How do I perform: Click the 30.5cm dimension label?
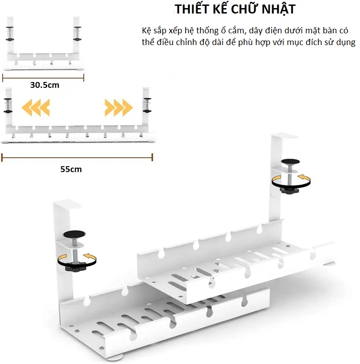click(45, 85)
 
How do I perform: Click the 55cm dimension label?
click(71, 169)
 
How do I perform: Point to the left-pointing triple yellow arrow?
click(36, 108)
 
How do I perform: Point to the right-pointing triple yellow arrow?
click(118, 108)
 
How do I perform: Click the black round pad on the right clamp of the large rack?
click(290, 162)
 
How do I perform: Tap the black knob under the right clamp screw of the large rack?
click(289, 191)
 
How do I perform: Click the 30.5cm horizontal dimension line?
click(43, 78)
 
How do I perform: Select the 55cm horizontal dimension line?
click(77, 157)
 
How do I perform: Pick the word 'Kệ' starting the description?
click(146, 31)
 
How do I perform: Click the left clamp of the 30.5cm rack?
click(9, 34)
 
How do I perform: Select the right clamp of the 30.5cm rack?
click(77, 34)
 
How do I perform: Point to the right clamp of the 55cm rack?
click(147, 105)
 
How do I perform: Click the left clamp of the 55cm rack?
click(8, 105)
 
